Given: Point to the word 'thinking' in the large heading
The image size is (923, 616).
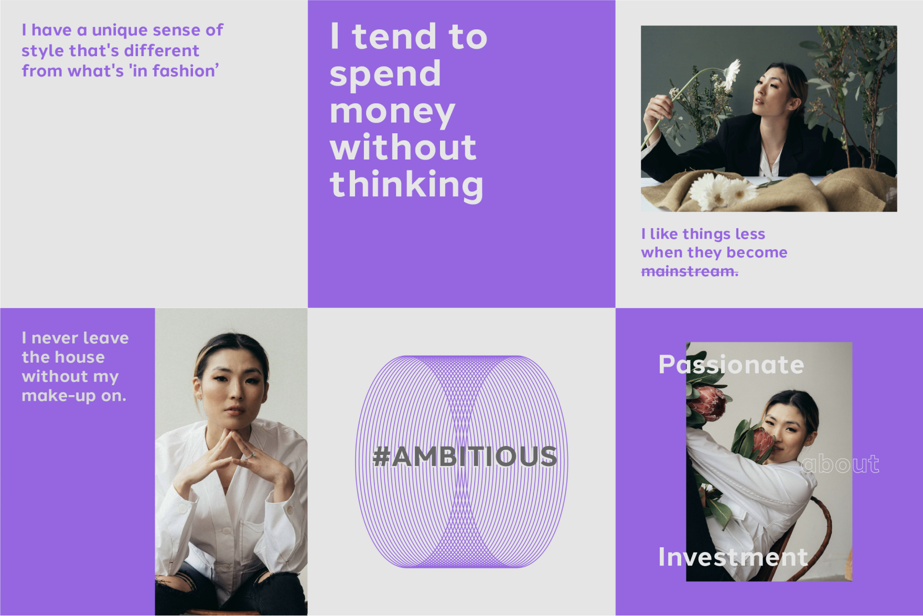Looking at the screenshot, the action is coord(406,185).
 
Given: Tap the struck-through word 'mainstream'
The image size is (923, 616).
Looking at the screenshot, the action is coord(689,271).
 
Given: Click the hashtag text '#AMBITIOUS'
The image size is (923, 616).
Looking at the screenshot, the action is coord(465,456).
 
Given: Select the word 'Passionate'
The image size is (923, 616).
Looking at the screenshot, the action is coord(731,365).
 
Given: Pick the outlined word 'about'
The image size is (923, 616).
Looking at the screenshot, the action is coord(841,464).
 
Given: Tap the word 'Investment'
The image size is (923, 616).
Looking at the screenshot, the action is coord(733,557).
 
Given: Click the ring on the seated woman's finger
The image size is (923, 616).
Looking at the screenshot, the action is coord(252,455).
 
